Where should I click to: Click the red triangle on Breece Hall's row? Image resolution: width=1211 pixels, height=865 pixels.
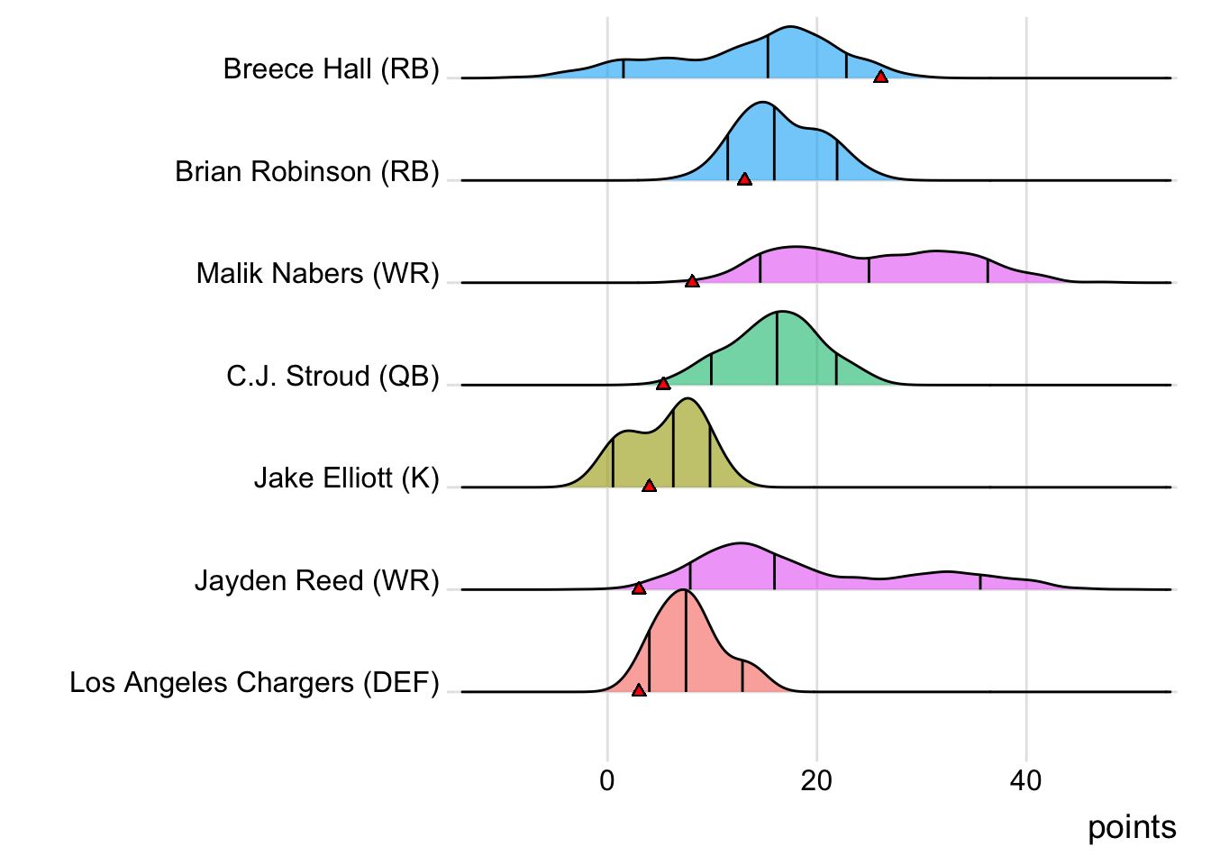point(880,77)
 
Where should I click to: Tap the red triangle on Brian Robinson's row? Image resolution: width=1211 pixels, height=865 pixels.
point(744,179)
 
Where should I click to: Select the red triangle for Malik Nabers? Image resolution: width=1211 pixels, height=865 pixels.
point(692,282)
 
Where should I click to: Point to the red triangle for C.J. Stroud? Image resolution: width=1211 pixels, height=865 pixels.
point(663,384)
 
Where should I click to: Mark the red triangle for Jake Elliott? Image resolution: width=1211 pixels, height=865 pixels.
point(650,486)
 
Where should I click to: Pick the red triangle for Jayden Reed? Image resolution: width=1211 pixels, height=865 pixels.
point(639,588)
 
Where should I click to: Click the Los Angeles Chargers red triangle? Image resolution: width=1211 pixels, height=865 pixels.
point(639,690)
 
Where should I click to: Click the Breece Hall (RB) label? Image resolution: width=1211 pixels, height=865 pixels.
point(331,69)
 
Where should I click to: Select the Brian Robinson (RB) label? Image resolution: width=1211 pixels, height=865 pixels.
point(306,171)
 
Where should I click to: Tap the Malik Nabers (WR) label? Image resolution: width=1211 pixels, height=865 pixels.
point(317,274)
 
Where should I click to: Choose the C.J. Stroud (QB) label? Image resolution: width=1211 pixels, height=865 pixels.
point(332,376)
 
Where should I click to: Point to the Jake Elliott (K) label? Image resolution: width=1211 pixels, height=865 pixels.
point(346,478)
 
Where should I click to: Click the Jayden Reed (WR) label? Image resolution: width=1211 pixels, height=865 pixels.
point(316,581)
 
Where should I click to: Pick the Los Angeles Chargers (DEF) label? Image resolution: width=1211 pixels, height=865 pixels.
point(254,683)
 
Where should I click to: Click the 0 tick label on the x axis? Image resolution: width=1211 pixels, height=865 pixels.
point(607,780)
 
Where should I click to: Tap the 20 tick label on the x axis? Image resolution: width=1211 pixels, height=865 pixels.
point(816,780)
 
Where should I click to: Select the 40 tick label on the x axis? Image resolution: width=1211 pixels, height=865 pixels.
point(1025,780)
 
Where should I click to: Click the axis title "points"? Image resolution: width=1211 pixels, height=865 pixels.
point(1132,827)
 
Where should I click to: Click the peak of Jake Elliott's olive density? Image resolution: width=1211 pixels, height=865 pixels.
point(687,399)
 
